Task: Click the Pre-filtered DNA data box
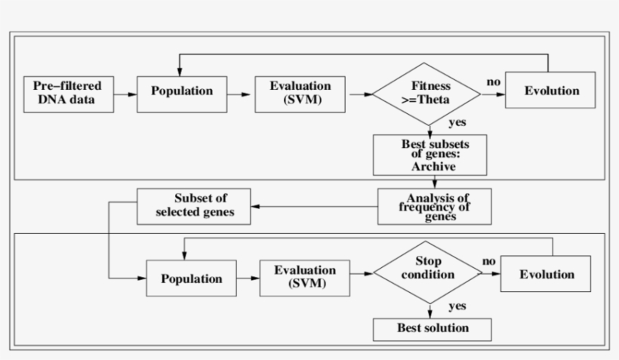[69, 94]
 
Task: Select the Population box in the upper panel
[182, 92]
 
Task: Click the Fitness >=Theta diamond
[427, 94]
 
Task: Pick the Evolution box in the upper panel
[550, 91]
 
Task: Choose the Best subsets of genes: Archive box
[428, 155]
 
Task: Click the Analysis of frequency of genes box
[434, 206]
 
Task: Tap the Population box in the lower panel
[191, 278]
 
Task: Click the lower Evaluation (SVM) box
[304, 278]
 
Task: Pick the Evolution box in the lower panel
[547, 275]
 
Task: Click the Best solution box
[433, 328]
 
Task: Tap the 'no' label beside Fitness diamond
[493, 82]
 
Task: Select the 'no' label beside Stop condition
[489, 261]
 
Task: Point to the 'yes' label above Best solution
[457, 306]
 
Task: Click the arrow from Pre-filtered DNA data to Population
[125, 94]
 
